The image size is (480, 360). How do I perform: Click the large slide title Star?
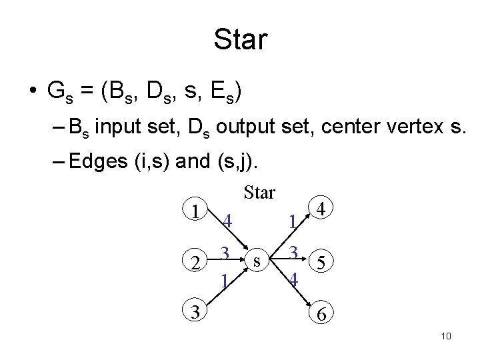coord(240,39)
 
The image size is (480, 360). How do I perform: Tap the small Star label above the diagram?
coord(259,193)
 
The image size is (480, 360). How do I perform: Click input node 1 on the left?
coord(194,211)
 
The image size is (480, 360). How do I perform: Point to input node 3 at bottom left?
coord(194,311)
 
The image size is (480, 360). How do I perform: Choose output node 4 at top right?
coord(321,209)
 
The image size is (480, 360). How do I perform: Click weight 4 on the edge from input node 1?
coord(227,221)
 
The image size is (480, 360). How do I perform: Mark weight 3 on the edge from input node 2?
coord(226,253)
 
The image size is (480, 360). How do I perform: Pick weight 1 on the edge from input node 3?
coord(226,279)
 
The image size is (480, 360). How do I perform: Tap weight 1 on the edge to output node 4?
coord(291,221)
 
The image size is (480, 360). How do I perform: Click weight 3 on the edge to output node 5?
coord(292,253)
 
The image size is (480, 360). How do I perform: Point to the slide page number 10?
coord(446,335)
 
